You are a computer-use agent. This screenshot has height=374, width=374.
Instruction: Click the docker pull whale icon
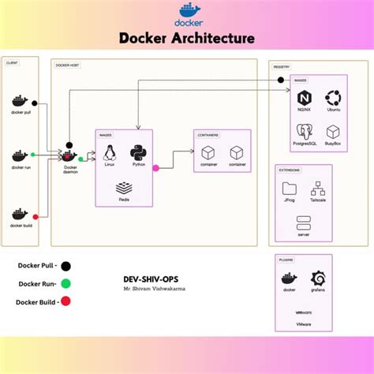pyautogui.click(x=20, y=102)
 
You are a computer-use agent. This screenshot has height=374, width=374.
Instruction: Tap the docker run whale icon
pyautogui.click(x=20, y=156)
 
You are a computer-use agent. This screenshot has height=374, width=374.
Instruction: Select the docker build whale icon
pyautogui.click(x=20, y=214)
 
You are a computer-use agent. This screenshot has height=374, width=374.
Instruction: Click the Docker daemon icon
pyautogui.click(x=69, y=156)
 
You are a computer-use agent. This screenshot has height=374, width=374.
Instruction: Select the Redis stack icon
pyautogui.click(x=124, y=188)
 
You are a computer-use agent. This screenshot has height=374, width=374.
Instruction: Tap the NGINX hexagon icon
pyautogui.click(x=303, y=99)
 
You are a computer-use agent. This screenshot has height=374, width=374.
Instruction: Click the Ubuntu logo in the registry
pyautogui.click(x=333, y=98)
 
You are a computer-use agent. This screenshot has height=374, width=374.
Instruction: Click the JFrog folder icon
pyautogui.click(x=290, y=188)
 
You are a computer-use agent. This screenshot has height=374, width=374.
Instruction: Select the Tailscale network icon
pyautogui.click(x=318, y=188)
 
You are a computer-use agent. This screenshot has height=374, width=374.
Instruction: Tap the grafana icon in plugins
pyautogui.click(x=319, y=278)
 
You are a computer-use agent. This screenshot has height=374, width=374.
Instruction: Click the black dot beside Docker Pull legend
pyautogui.click(x=65, y=267)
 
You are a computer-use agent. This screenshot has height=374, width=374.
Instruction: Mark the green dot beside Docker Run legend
pyautogui.click(x=65, y=284)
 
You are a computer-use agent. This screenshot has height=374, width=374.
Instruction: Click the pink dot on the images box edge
pyautogui.click(x=155, y=167)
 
